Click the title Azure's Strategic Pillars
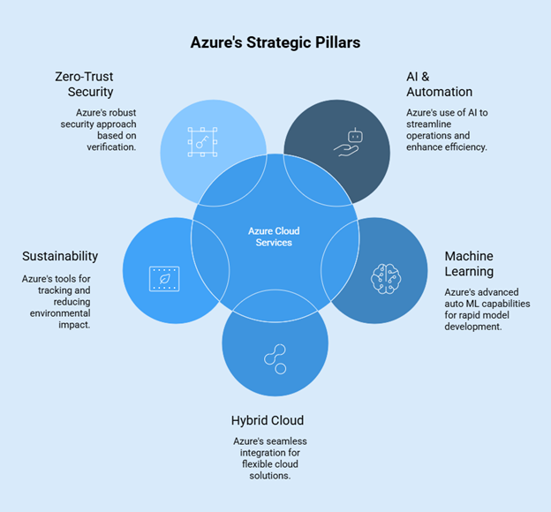pos(275,41)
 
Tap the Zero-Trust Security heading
pos(84,84)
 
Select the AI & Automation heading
pos(439,84)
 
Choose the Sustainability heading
pos(60,256)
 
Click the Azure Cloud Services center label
pos(274,237)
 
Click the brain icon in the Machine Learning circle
pos(386,278)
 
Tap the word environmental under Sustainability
pos(60,312)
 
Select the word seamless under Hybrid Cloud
pos(284,440)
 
